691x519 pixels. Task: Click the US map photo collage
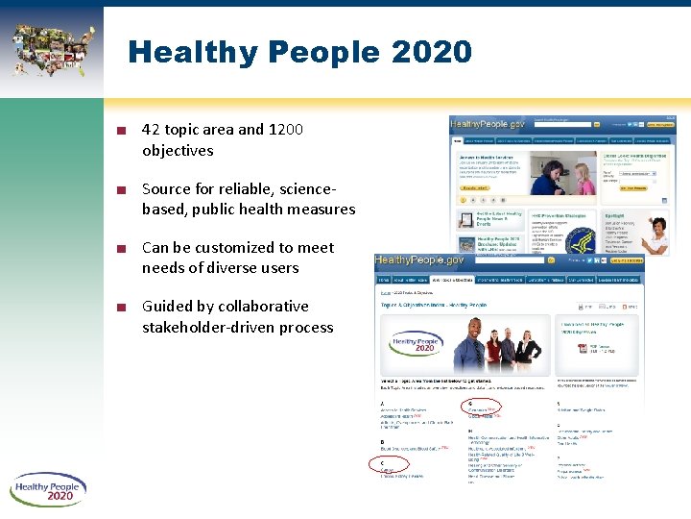coord(53,48)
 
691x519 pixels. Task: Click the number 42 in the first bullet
coord(151,130)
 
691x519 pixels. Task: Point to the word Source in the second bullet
coord(168,188)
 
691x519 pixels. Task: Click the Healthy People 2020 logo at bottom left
coord(48,490)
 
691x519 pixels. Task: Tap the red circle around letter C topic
coord(389,465)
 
